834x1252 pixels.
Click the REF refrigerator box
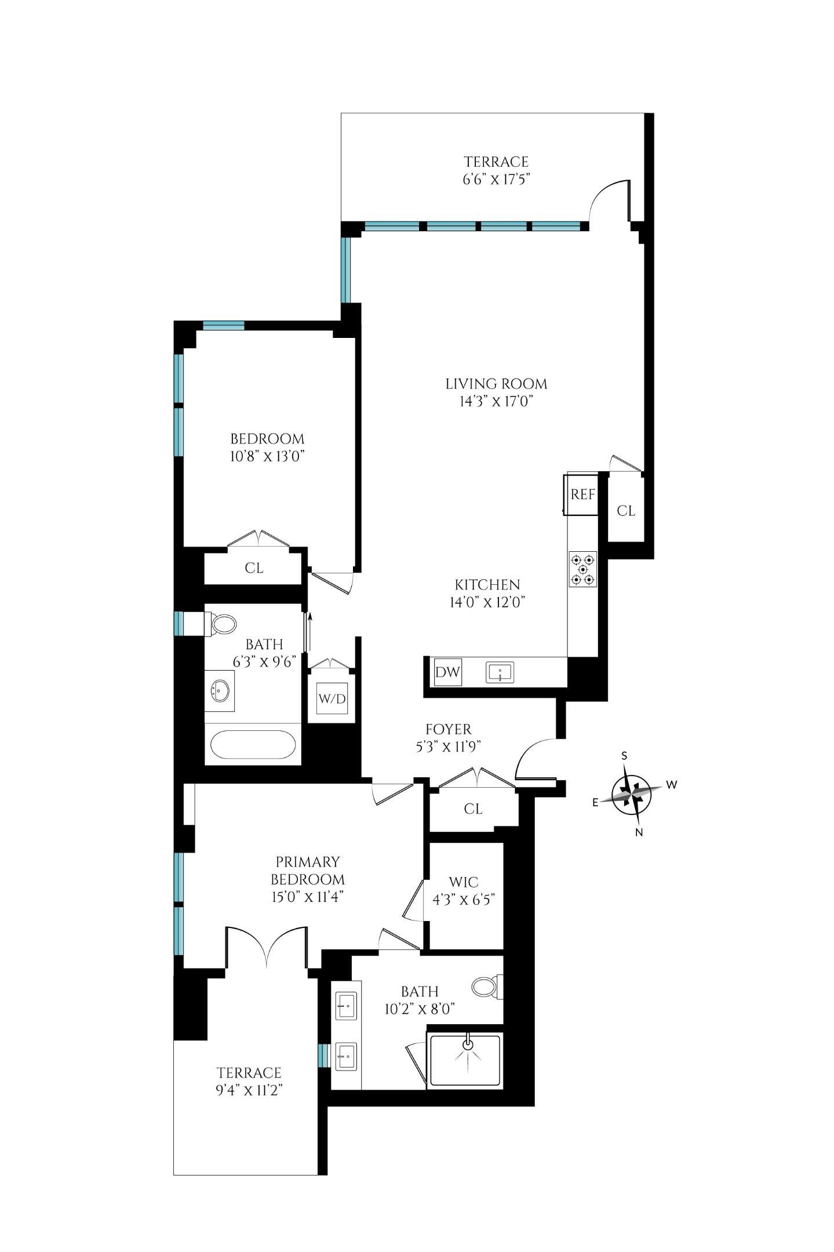pyautogui.click(x=582, y=494)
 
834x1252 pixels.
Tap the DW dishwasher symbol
pyautogui.click(x=447, y=672)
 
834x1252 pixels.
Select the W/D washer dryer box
pyautogui.click(x=332, y=699)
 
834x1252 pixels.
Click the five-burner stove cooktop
pyautogui.click(x=582, y=569)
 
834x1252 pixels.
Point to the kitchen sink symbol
pyautogui.click(x=500, y=673)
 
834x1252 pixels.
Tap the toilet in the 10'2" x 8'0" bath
pyautogui.click(x=486, y=987)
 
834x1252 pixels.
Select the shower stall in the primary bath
pyautogui.click(x=465, y=1060)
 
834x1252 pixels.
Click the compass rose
pyautogui.click(x=632, y=793)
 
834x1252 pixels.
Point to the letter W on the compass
pyautogui.click(x=671, y=785)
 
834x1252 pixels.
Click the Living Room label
pyautogui.click(x=496, y=384)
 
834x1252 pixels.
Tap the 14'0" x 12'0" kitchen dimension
pyautogui.click(x=487, y=602)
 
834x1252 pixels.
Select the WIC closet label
pyautogui.click(x=464, y=882)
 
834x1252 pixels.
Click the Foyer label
pyautogui.click(x=448, y=729)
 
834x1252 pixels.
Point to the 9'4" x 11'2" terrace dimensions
pyautogui.click(x=249, y=1090)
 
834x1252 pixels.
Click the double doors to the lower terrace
pyautogui.click(x=267, y=948)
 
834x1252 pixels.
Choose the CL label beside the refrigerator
pyautogui.click(x=626, y=511)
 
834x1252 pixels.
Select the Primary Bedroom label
pyautogui.click(x=308, y=871)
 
